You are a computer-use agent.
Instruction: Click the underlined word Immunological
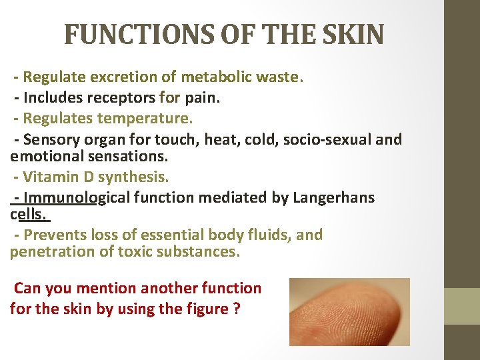76,198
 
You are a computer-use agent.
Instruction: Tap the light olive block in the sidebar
462,307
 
